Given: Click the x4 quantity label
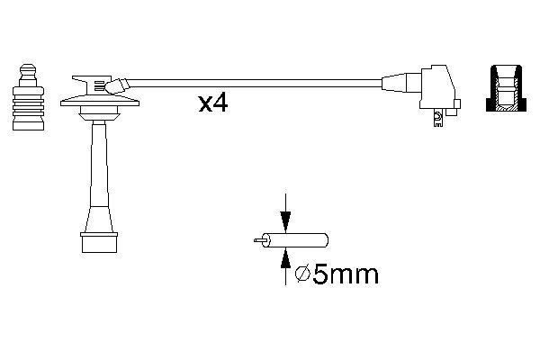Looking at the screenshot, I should [212, 103].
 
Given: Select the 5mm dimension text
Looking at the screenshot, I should [346, 274].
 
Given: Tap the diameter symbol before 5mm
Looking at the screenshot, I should [303, 274].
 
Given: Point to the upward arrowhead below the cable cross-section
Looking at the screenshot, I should [285, 258].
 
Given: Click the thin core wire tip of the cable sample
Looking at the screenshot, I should [260, 240].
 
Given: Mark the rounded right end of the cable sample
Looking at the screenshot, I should [324, 240].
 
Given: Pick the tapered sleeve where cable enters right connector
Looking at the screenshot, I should [395, 84].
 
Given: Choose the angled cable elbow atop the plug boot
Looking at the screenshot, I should [115, 85].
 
